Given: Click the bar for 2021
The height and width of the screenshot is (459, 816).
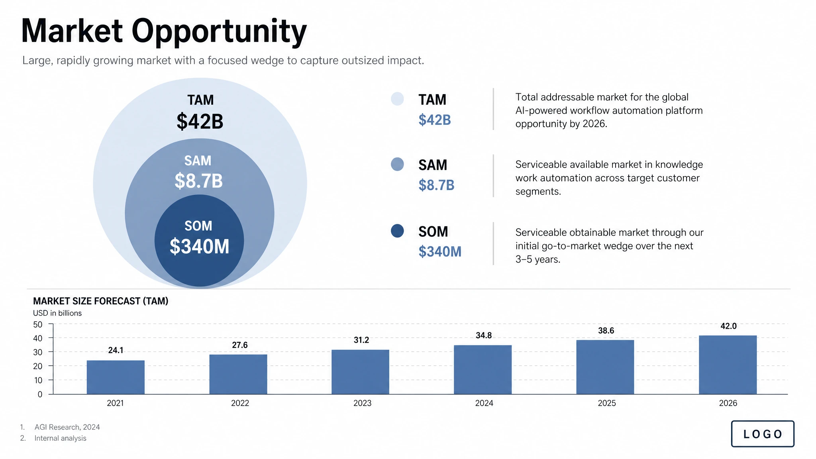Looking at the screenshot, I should [x=116, y=377].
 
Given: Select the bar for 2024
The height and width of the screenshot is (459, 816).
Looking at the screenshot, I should [x=483, y=369].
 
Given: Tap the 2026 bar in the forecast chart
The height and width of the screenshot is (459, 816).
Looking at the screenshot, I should [x=728, y=365].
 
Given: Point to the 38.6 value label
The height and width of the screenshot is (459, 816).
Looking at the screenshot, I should [x=606, y=331].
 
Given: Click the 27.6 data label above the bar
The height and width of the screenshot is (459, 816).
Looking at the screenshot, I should [x=239, y=345].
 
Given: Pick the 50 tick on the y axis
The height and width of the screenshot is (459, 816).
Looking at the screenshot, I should [x=38, y=325].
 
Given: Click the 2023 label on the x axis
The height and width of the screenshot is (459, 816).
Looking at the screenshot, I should [x=362, y=403].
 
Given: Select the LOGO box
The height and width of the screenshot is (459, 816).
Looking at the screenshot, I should [x=762, y=434].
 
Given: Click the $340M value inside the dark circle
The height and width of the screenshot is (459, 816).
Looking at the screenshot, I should [x=199, y=247].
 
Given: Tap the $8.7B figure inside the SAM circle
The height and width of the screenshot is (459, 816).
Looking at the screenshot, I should [x=198, y=181].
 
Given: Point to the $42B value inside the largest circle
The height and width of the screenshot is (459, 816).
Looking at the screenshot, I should [x=200, y=122].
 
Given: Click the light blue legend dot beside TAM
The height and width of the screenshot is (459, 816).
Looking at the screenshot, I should [x=397, y=99].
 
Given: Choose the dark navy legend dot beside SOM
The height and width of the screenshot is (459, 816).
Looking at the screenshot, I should [x=397, y=231].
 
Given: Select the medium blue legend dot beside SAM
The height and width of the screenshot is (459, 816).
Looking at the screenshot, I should [x=397, y=164].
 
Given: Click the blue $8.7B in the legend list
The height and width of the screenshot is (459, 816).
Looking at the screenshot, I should [x=436, y=185].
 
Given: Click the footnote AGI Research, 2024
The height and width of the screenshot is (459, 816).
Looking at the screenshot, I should [x=67, y=427].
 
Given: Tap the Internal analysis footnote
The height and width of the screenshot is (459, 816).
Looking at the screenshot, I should [x=60, y=438].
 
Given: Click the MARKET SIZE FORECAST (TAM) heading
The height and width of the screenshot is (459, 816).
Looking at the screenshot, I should [x=100, y=301].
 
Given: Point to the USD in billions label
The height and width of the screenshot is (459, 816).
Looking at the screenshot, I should [x=57, y=313].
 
